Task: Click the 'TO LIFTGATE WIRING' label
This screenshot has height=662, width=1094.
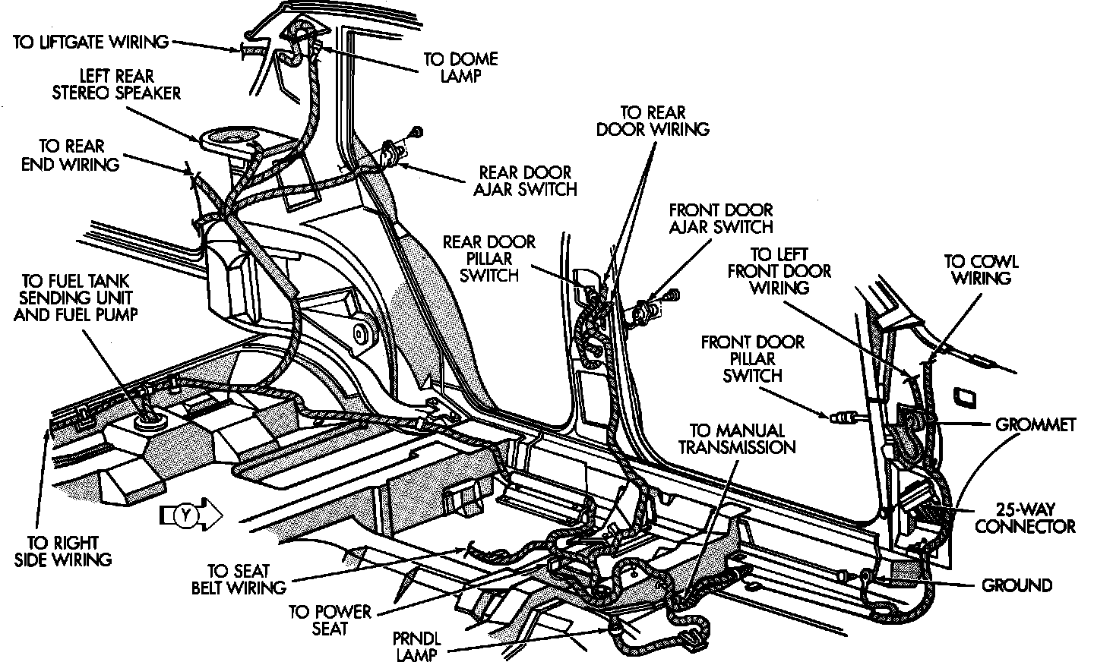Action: tap(91, 42)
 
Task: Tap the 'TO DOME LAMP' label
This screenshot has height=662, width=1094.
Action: tap(460, 68)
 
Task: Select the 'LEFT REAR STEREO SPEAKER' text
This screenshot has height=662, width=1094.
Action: tap(117, 84)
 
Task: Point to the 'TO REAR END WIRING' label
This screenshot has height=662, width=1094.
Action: tap(71, 155)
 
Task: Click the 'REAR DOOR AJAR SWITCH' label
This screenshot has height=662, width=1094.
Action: tap(526, 181)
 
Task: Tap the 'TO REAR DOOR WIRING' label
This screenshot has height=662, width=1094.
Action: tap(653, 121)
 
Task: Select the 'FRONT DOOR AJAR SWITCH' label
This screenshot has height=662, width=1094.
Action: tap(721, 218)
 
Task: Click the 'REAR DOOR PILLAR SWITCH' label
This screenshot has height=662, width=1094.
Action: tap(489, 258)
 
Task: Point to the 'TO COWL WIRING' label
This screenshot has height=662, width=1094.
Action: tap(982, 270)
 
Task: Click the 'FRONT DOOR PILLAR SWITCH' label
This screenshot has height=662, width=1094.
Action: tap(753, 359)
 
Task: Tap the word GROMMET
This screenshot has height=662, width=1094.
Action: tap(1036, 424)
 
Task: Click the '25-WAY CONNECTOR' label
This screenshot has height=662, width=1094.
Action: tap(1025, 518)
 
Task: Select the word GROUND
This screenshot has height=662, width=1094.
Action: tap(1017, 585)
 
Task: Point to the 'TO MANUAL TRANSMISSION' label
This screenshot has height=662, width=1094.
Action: tap(737, 438)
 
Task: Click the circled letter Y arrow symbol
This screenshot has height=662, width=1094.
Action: tap(191, 515)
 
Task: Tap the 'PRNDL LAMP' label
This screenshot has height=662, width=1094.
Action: tap(416, 646)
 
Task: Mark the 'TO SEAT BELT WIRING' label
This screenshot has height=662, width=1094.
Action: tap(239, 579)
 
